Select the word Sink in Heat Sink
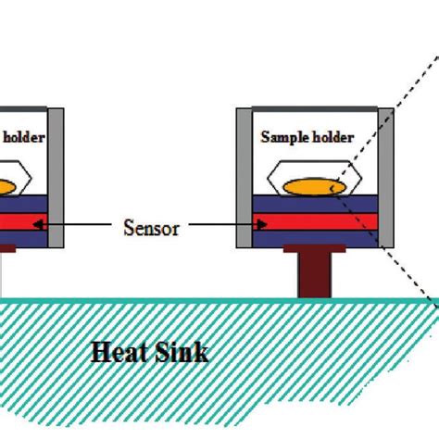[182, 352]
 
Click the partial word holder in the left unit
[24, 137]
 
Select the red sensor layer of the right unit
[315, 222]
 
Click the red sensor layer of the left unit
[23, 222]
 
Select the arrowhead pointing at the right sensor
[263, 222]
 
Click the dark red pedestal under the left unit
[7, 249]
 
